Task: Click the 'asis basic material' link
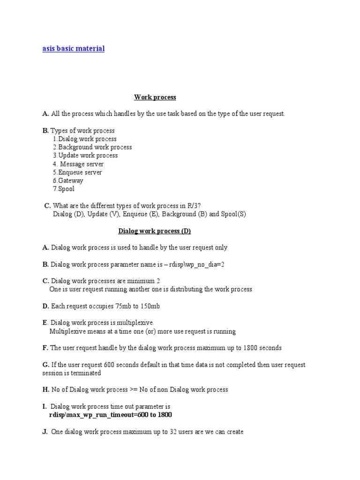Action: point(74,49)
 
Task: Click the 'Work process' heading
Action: point(155,97)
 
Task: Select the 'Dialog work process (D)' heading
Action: point(154,231)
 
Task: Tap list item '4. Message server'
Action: point(78,164)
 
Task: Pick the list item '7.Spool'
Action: point(63,189)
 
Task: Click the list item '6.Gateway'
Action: point(67,180)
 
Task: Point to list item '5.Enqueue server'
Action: point(77,172)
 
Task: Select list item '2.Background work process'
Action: point(92,147)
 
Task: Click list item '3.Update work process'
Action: point(85,156)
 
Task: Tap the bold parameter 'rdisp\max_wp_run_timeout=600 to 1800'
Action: point(111,415)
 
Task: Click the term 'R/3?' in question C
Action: point(194,206)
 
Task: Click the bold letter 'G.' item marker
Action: point(45,365)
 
